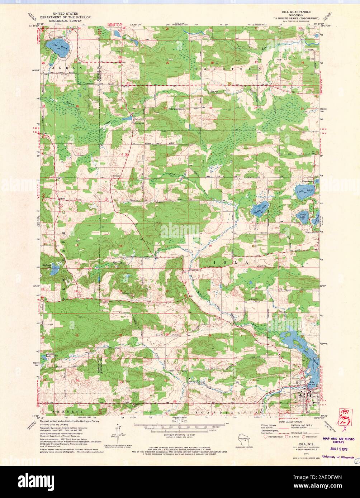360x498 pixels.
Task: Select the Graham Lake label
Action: [260, 207]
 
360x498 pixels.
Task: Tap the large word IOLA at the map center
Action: [230, 263]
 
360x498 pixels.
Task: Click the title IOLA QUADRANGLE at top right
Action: [298, 11]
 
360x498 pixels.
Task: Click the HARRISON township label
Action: [226, 68]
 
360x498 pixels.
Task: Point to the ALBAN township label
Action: [68, 67]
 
